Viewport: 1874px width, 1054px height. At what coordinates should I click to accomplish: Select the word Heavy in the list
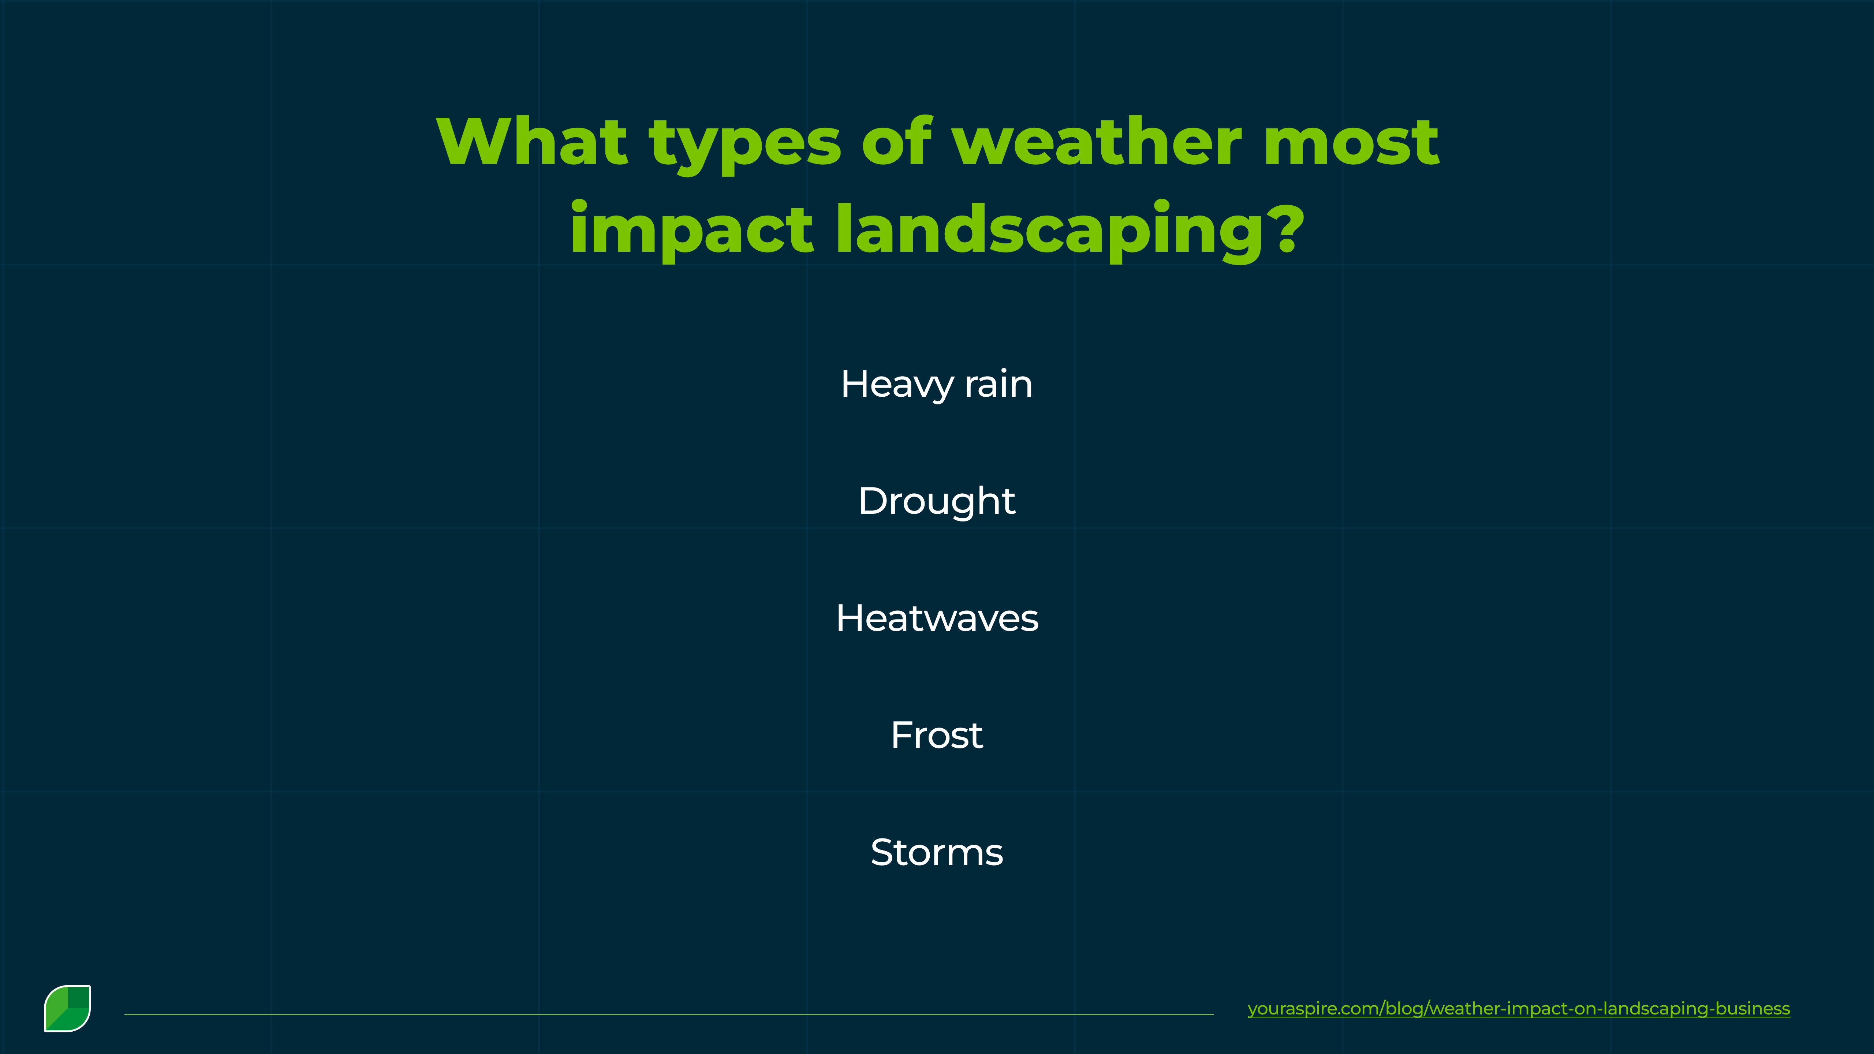pos(896,385)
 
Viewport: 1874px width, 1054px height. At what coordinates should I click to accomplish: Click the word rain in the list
pos(998,385)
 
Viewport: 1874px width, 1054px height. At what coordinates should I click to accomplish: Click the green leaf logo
pos(68,1008)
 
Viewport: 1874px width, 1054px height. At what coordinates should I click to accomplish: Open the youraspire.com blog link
pos(1518,1009)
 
